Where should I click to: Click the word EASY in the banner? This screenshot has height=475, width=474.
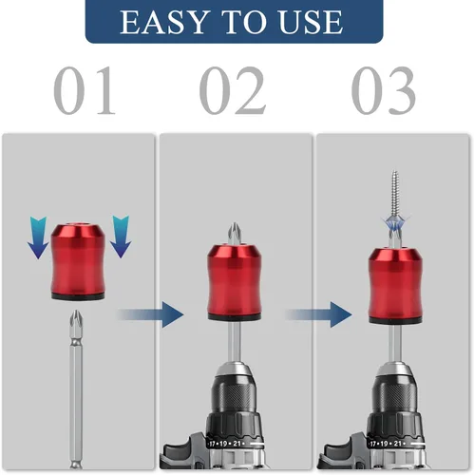(164, 22)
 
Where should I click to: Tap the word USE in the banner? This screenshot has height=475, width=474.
(311, 22)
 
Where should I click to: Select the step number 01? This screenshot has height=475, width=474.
(85, 90)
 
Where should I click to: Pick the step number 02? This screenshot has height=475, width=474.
(233, 90)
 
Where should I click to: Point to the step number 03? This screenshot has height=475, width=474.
(384, 90)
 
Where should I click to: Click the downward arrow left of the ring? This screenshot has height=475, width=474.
(38, 237)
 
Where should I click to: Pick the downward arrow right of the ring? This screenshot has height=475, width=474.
(121, 237)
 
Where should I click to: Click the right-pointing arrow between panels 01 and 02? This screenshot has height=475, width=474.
(150, 314)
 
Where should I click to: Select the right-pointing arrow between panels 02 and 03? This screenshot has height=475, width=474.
(318, 314)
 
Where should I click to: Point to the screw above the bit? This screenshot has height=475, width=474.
(395, 197)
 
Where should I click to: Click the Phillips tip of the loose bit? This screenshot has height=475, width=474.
(75, 320)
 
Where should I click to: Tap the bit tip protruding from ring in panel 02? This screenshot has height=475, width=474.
(234, 234)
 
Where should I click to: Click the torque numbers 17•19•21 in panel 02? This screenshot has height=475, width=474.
(225, 444)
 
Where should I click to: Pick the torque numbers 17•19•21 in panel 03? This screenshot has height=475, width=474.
(386, 444)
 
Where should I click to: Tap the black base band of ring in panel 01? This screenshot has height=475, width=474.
(78, 296)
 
